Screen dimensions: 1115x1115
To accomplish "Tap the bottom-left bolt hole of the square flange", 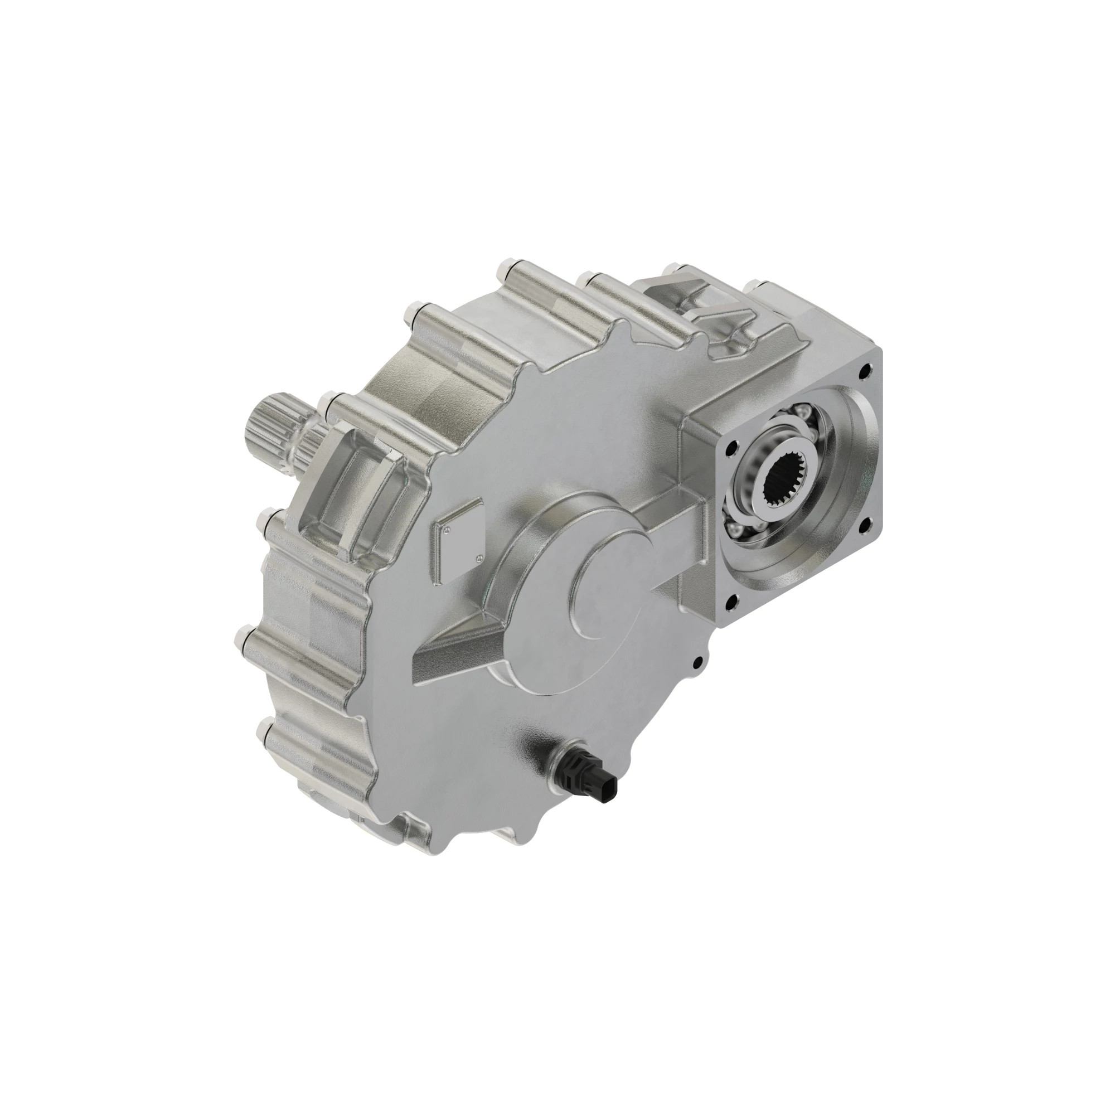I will click(x=733, y=602).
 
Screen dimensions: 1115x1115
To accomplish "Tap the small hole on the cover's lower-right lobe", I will click(x=699, y=661).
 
